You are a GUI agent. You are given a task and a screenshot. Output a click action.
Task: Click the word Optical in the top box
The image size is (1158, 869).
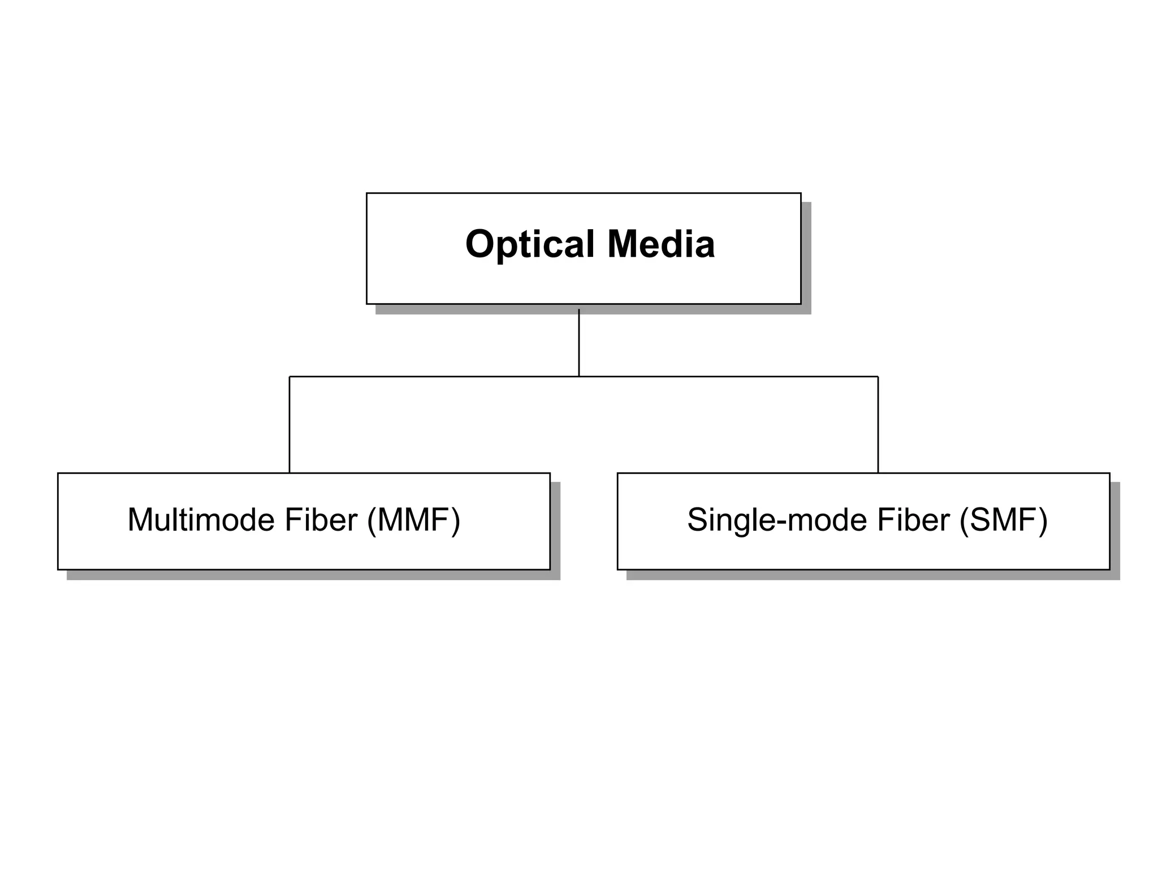coord(529,244)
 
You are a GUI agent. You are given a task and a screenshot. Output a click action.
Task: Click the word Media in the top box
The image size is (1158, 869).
coord(661,244)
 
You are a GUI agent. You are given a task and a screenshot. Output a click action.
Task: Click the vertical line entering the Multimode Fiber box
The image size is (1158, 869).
coord(289,424)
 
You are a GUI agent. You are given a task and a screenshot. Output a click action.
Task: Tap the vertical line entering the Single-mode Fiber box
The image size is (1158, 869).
coord(878,424)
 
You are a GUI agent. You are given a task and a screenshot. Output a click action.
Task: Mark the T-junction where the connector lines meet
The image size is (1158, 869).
coord(579,376)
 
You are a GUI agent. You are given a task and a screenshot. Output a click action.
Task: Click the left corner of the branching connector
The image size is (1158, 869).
coord(289,376)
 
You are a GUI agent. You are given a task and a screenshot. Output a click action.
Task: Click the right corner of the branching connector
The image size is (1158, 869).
coord(878,376)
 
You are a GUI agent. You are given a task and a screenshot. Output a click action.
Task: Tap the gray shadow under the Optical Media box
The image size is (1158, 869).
coord(594,309)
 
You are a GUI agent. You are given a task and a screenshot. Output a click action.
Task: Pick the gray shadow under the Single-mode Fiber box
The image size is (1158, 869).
coord(874,575)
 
